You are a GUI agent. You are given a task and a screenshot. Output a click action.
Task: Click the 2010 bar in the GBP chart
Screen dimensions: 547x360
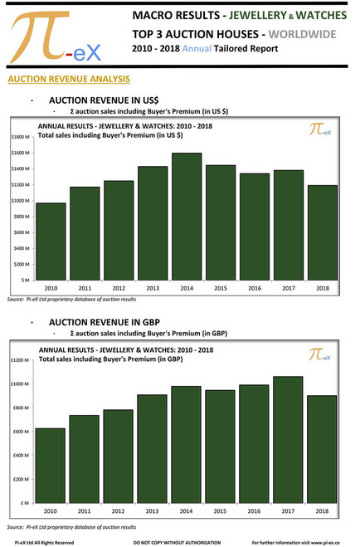pos(51,466)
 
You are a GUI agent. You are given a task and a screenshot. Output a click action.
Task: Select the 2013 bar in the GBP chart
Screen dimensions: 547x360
pos(153,449)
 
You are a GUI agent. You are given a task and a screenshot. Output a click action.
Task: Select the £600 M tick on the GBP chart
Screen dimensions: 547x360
pos(21,432)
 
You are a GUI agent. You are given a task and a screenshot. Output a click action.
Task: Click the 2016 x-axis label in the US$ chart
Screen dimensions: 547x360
pos(255,288)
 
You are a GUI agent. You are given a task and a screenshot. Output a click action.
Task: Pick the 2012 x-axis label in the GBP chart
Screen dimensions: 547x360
pos(119,512)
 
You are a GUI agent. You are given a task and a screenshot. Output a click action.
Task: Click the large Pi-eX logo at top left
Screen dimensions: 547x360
pos(54,37)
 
